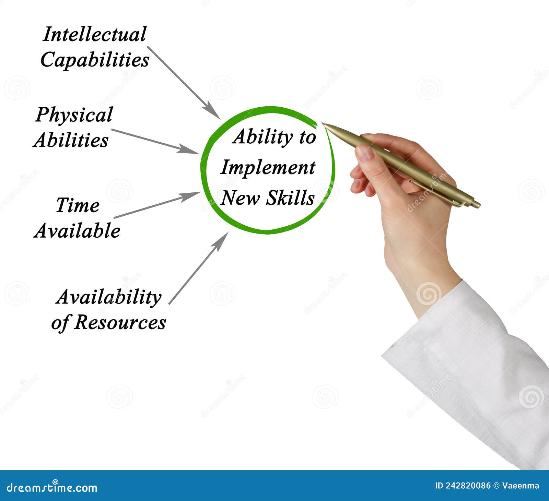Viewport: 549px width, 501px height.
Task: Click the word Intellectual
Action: [x=94, y=34]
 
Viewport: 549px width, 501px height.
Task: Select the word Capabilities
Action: [x=95, y=60]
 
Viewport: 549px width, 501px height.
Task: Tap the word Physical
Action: [x=74, y=115]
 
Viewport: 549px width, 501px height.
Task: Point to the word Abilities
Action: [x=71, y=140]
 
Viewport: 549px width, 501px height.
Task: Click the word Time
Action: [x=78, y=205]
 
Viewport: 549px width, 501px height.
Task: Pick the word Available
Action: [x=77, y=230]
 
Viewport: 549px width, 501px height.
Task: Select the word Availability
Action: [x=108, y=297]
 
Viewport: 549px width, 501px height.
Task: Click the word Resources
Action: [x=120, y=322]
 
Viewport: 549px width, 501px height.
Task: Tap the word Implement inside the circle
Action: [x=268, y=168]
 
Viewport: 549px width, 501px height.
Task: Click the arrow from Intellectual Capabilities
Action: [x=184, y=82]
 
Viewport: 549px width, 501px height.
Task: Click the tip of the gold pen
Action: [x=323, y=124]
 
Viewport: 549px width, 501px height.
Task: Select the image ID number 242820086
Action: [x=468, y=486]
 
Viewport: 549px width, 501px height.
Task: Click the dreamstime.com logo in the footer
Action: [x=52, y=487]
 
